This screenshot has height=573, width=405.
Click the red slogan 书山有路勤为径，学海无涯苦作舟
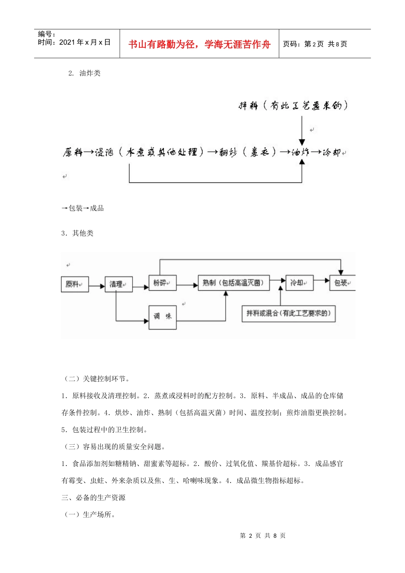point(199,44)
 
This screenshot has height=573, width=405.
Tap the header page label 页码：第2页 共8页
point(315,44)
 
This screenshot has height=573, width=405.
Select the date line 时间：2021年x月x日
point(74,42)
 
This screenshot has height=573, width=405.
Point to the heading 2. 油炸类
point(84,73)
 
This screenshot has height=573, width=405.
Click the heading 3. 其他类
point(77,233)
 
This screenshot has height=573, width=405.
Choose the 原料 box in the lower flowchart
point(75,284)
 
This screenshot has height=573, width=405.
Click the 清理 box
point(119,284)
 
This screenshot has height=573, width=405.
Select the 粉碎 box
point(162,283)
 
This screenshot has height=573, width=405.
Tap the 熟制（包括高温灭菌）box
point(234,283)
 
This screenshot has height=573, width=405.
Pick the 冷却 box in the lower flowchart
point(299,283)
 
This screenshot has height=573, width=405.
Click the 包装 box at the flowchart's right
point(342,283)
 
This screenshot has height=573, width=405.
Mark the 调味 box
point(162,316)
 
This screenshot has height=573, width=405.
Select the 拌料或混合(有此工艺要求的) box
point(288,313)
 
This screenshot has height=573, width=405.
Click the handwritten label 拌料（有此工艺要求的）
point(293,105)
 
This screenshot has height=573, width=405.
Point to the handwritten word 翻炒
point(228,152)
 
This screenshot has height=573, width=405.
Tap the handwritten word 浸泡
point(104,152)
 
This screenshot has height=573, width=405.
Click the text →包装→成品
point(83,208)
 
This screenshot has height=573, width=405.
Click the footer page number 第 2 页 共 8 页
point(263,535)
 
